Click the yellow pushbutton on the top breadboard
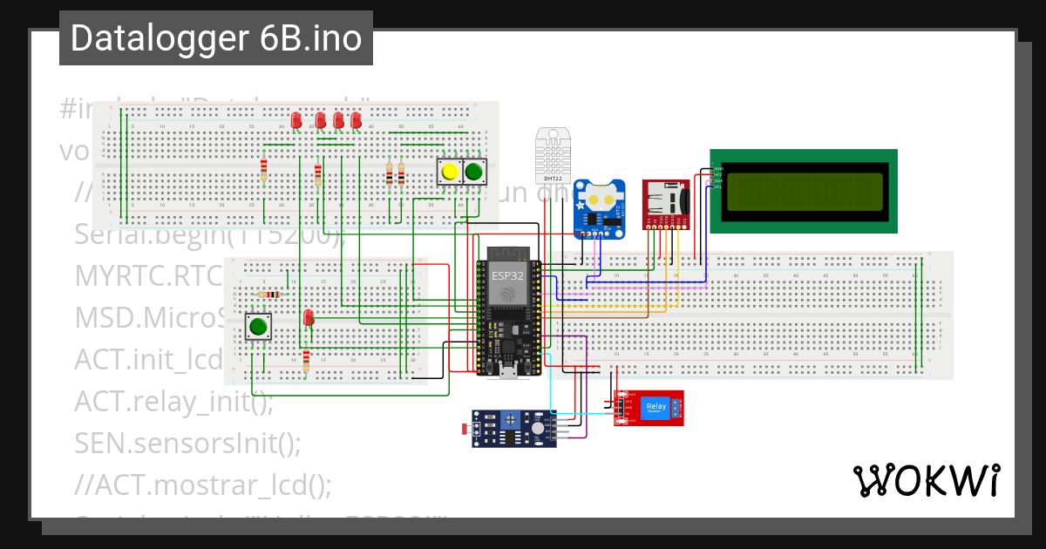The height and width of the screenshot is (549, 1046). click(x=450, y=172)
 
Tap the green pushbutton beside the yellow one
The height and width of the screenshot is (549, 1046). click(x=473, y=172)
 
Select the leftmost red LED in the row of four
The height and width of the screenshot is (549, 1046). click(x=297, y=119)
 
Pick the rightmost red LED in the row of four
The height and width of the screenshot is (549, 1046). click(x=356, y=119)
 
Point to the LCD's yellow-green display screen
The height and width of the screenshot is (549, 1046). click(x=804, y=191)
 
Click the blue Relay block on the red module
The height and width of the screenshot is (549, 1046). click(x=655, y=406)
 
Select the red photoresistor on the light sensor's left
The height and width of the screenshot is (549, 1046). click(x=465, y=428)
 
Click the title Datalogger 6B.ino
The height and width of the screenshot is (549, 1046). click(x=215, y=38)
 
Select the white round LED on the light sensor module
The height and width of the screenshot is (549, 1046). click(x=538, y=429)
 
